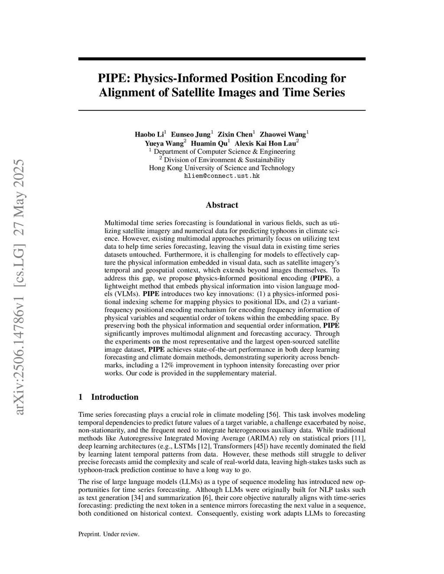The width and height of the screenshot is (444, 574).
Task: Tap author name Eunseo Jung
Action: pos(190,135)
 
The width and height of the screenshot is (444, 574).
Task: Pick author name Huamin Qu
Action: pos(209,143)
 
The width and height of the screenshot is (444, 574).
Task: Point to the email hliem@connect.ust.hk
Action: pos(222,176)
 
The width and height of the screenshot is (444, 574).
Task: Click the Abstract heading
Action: pos(222,205)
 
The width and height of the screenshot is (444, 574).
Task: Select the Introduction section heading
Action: pos(114,397)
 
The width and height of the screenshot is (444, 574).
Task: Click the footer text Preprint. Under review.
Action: pos(109,534)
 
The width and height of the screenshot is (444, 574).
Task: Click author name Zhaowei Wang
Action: pos(282,135)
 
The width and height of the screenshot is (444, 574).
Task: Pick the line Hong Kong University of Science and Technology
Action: pos(222,168)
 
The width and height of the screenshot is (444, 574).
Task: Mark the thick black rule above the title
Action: pos(222,59)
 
